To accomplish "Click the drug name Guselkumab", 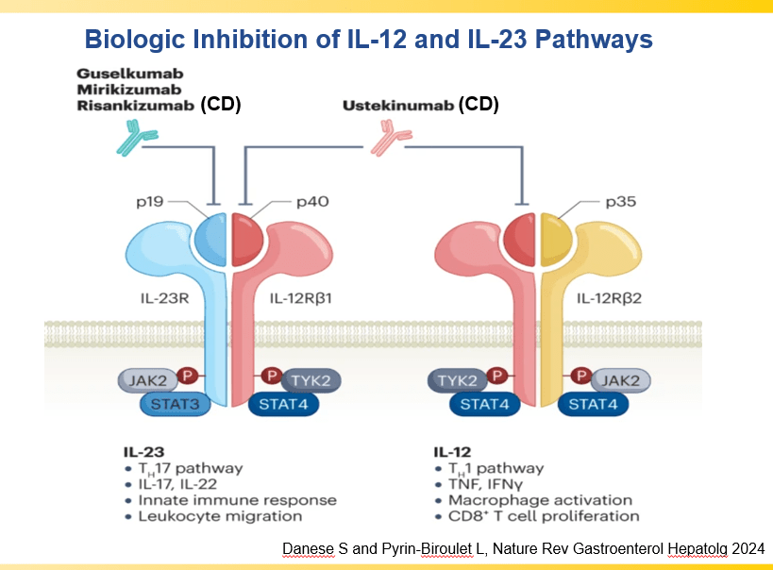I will pos(130,73).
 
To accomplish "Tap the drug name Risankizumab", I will pos(136,106).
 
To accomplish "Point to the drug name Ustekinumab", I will pos(397,106).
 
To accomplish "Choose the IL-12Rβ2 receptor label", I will pos(614,299).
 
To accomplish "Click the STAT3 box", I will pos(176,405).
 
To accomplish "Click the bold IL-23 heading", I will pos(142,452).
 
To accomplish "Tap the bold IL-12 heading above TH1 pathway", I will pos(452,452).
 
